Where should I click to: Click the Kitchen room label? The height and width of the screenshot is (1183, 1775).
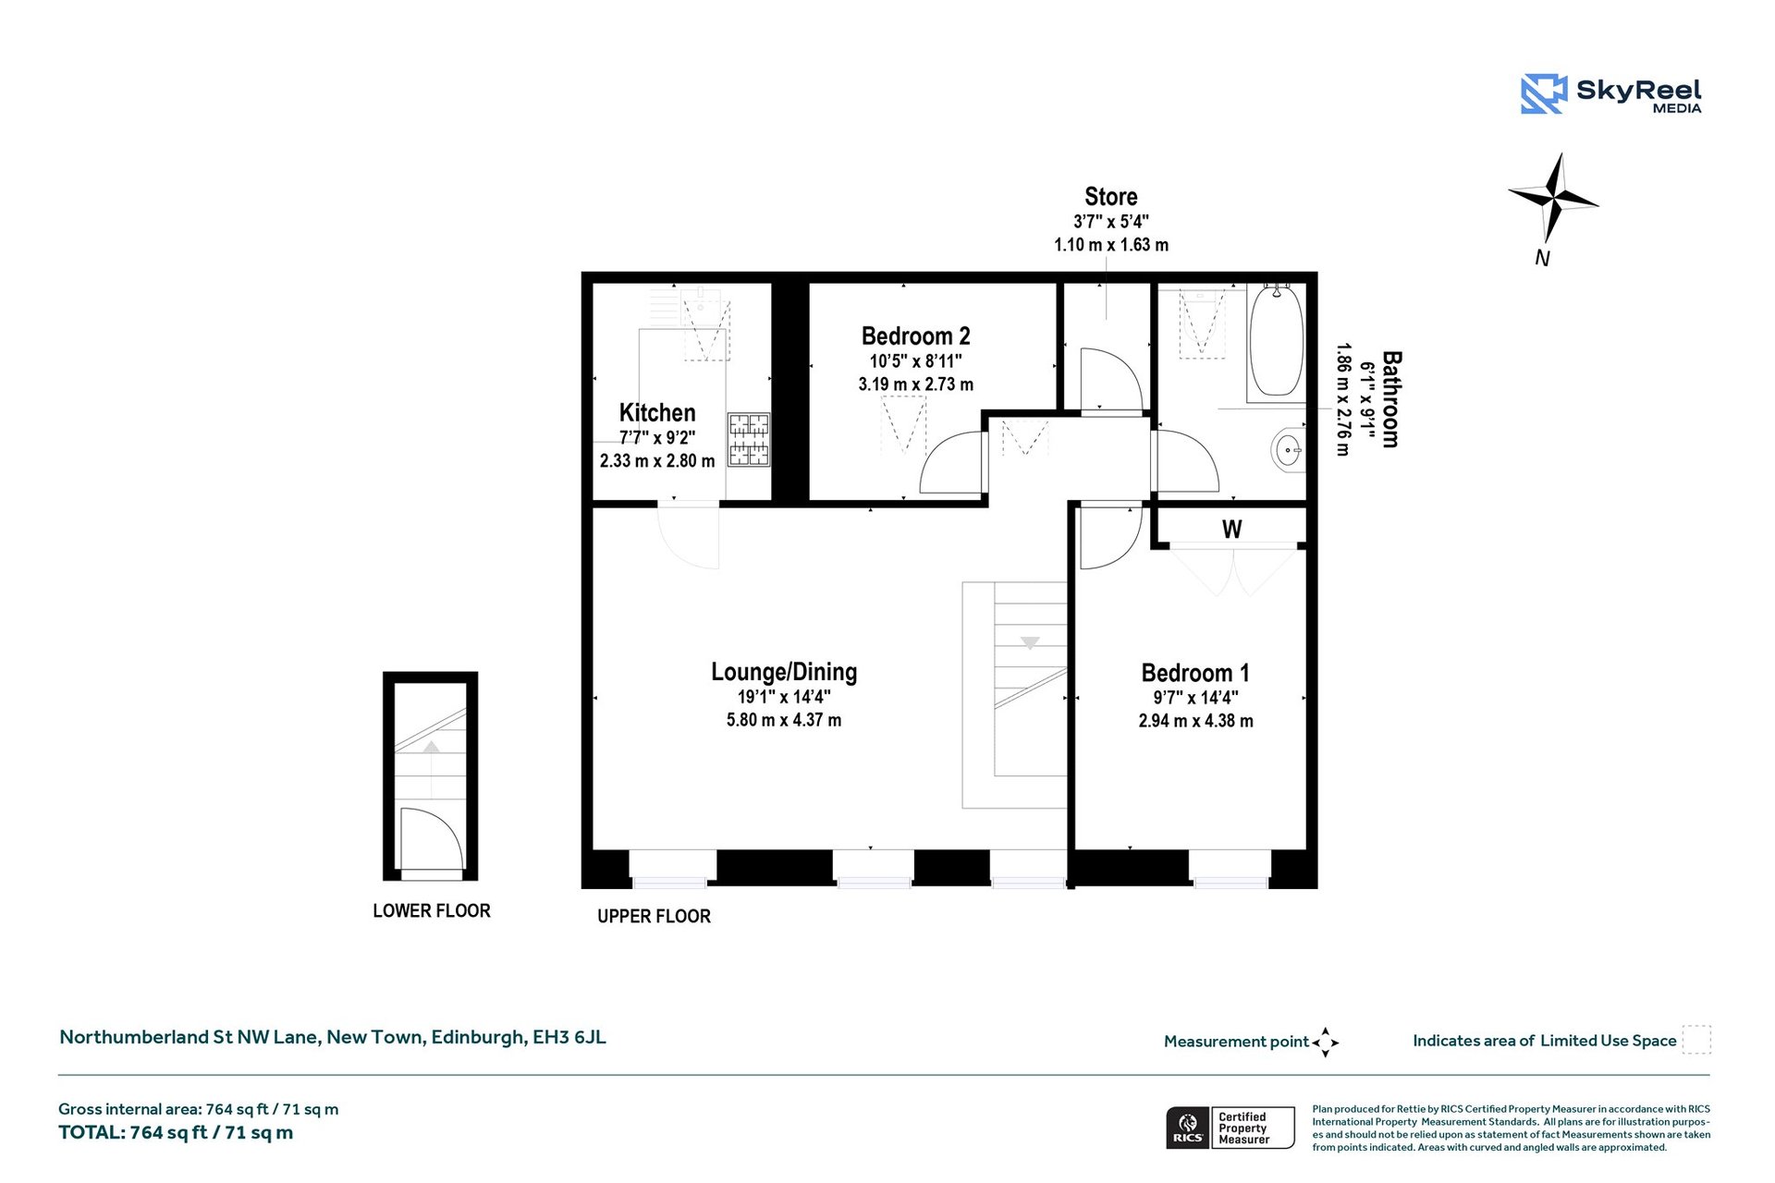(657, 412)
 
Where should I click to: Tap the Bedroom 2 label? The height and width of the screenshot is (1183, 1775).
(915, 335)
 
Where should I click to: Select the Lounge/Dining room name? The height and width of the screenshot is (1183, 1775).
(784, 672)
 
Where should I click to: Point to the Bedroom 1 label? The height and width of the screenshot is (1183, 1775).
(1195, 673)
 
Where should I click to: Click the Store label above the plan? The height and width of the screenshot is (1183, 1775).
(1110, 197)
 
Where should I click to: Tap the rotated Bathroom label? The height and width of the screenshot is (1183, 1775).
(1390, 399)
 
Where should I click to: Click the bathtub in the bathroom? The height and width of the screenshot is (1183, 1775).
(1277, 342)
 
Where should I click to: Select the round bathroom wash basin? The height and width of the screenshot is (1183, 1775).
(1287, 451)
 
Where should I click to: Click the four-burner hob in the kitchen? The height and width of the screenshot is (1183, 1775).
(749, 439)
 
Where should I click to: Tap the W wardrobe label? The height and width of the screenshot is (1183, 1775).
(1231, 530)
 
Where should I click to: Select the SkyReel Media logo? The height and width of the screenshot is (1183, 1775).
(1610, 94)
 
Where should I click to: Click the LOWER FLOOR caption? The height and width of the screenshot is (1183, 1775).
(432, 910)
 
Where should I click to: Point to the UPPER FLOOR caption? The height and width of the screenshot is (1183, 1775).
(654, 916)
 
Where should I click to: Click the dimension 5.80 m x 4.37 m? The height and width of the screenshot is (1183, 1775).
(784, 720)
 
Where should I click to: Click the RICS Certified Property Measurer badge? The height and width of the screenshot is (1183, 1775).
(1230, 1128)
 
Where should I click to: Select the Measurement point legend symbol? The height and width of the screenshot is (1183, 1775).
(1325, 1042)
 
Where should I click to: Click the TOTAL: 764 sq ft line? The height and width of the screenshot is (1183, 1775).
(176, 1132)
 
